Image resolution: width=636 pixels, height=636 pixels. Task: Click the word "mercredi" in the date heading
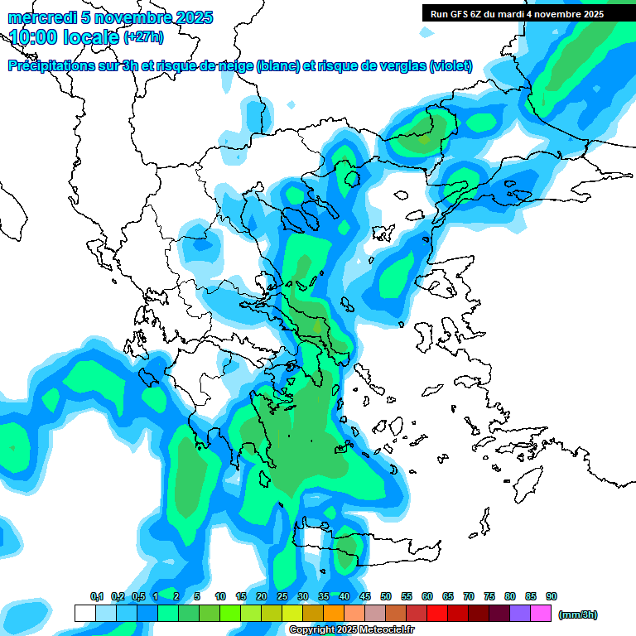pyautogui.click(x=36, y=17)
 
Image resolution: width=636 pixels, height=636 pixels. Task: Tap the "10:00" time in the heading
pyautogui.click(x=33, y=37)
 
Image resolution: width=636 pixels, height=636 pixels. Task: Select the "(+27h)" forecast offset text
pyautogui.click(x=143, y=37)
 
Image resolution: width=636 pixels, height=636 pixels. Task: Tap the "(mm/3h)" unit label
pyautogui.click(x=577, y=614)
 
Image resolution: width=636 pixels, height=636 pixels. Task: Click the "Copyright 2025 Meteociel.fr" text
pyautogui.click(x=351, y=629)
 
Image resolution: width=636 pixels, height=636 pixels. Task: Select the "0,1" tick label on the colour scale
pyautogui.click(x=96, y=596)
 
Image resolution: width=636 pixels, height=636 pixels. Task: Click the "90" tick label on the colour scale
pyautogui.click(x=552, y=596)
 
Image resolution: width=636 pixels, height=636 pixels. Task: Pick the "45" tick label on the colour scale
pyautogui.click(x=365, y=596)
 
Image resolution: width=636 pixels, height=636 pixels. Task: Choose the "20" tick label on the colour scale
pyautogui.click(x=262, y=596)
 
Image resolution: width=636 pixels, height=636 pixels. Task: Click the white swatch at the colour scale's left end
pyautogui.click(x=84, y=613)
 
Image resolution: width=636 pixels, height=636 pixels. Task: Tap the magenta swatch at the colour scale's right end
pyautogui.click(x=541, y=613)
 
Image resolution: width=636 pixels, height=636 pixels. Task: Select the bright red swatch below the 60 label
pyautogui.click(x=437, y=613)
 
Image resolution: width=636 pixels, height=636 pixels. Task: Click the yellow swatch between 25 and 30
pyautogui.click(x=292, y=613)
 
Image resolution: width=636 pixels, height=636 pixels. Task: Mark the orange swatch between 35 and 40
pyautogui.click(x=334, y=613)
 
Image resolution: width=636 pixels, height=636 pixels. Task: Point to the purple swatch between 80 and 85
pyautogui.click(x=520, y=613)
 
